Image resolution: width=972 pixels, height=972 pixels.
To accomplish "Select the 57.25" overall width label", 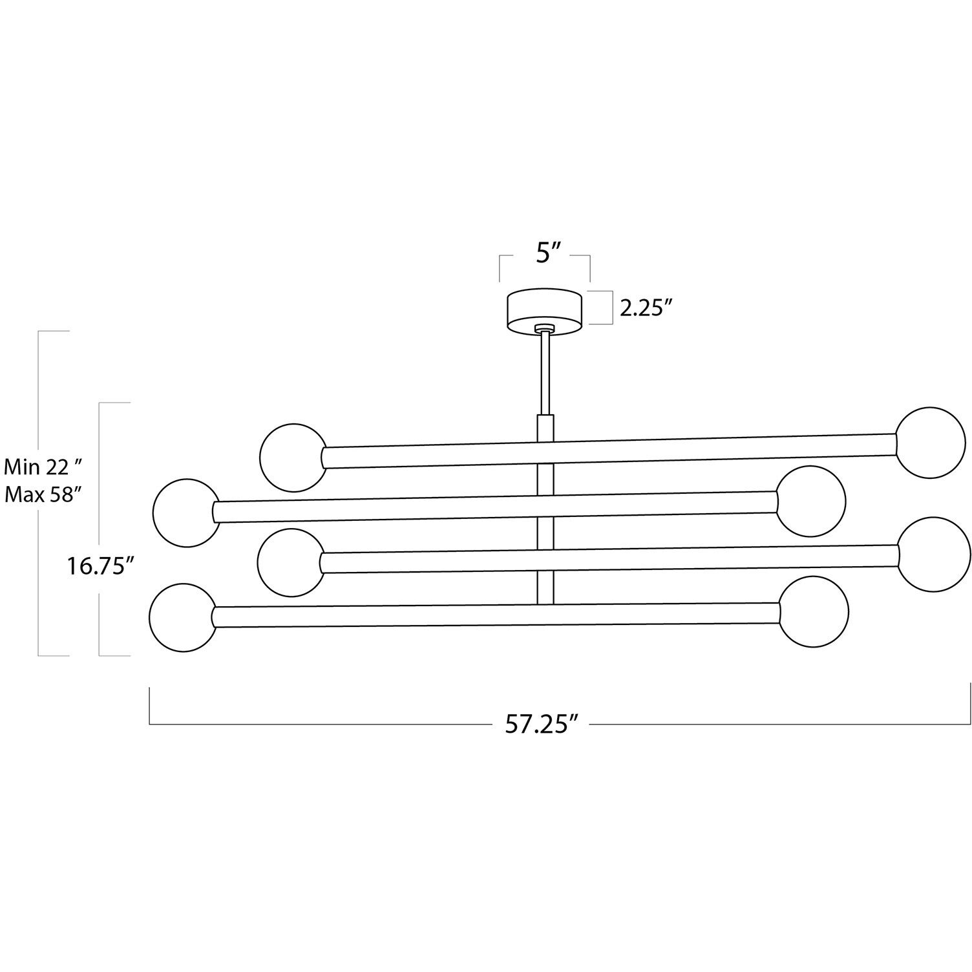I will tap(540, 724).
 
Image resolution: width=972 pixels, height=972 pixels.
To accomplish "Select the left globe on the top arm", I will tap(293, 457).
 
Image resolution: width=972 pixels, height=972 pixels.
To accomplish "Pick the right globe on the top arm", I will tap(931, 443).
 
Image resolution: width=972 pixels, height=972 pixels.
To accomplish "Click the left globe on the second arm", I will tap(185, 512).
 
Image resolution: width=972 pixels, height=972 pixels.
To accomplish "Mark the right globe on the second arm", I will tap(811, 501).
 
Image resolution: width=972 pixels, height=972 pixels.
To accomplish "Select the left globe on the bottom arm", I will tap(183, 618).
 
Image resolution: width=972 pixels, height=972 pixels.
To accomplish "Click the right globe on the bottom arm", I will tap(814, 611).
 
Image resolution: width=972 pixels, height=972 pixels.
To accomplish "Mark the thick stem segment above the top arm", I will tap(545, 428).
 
